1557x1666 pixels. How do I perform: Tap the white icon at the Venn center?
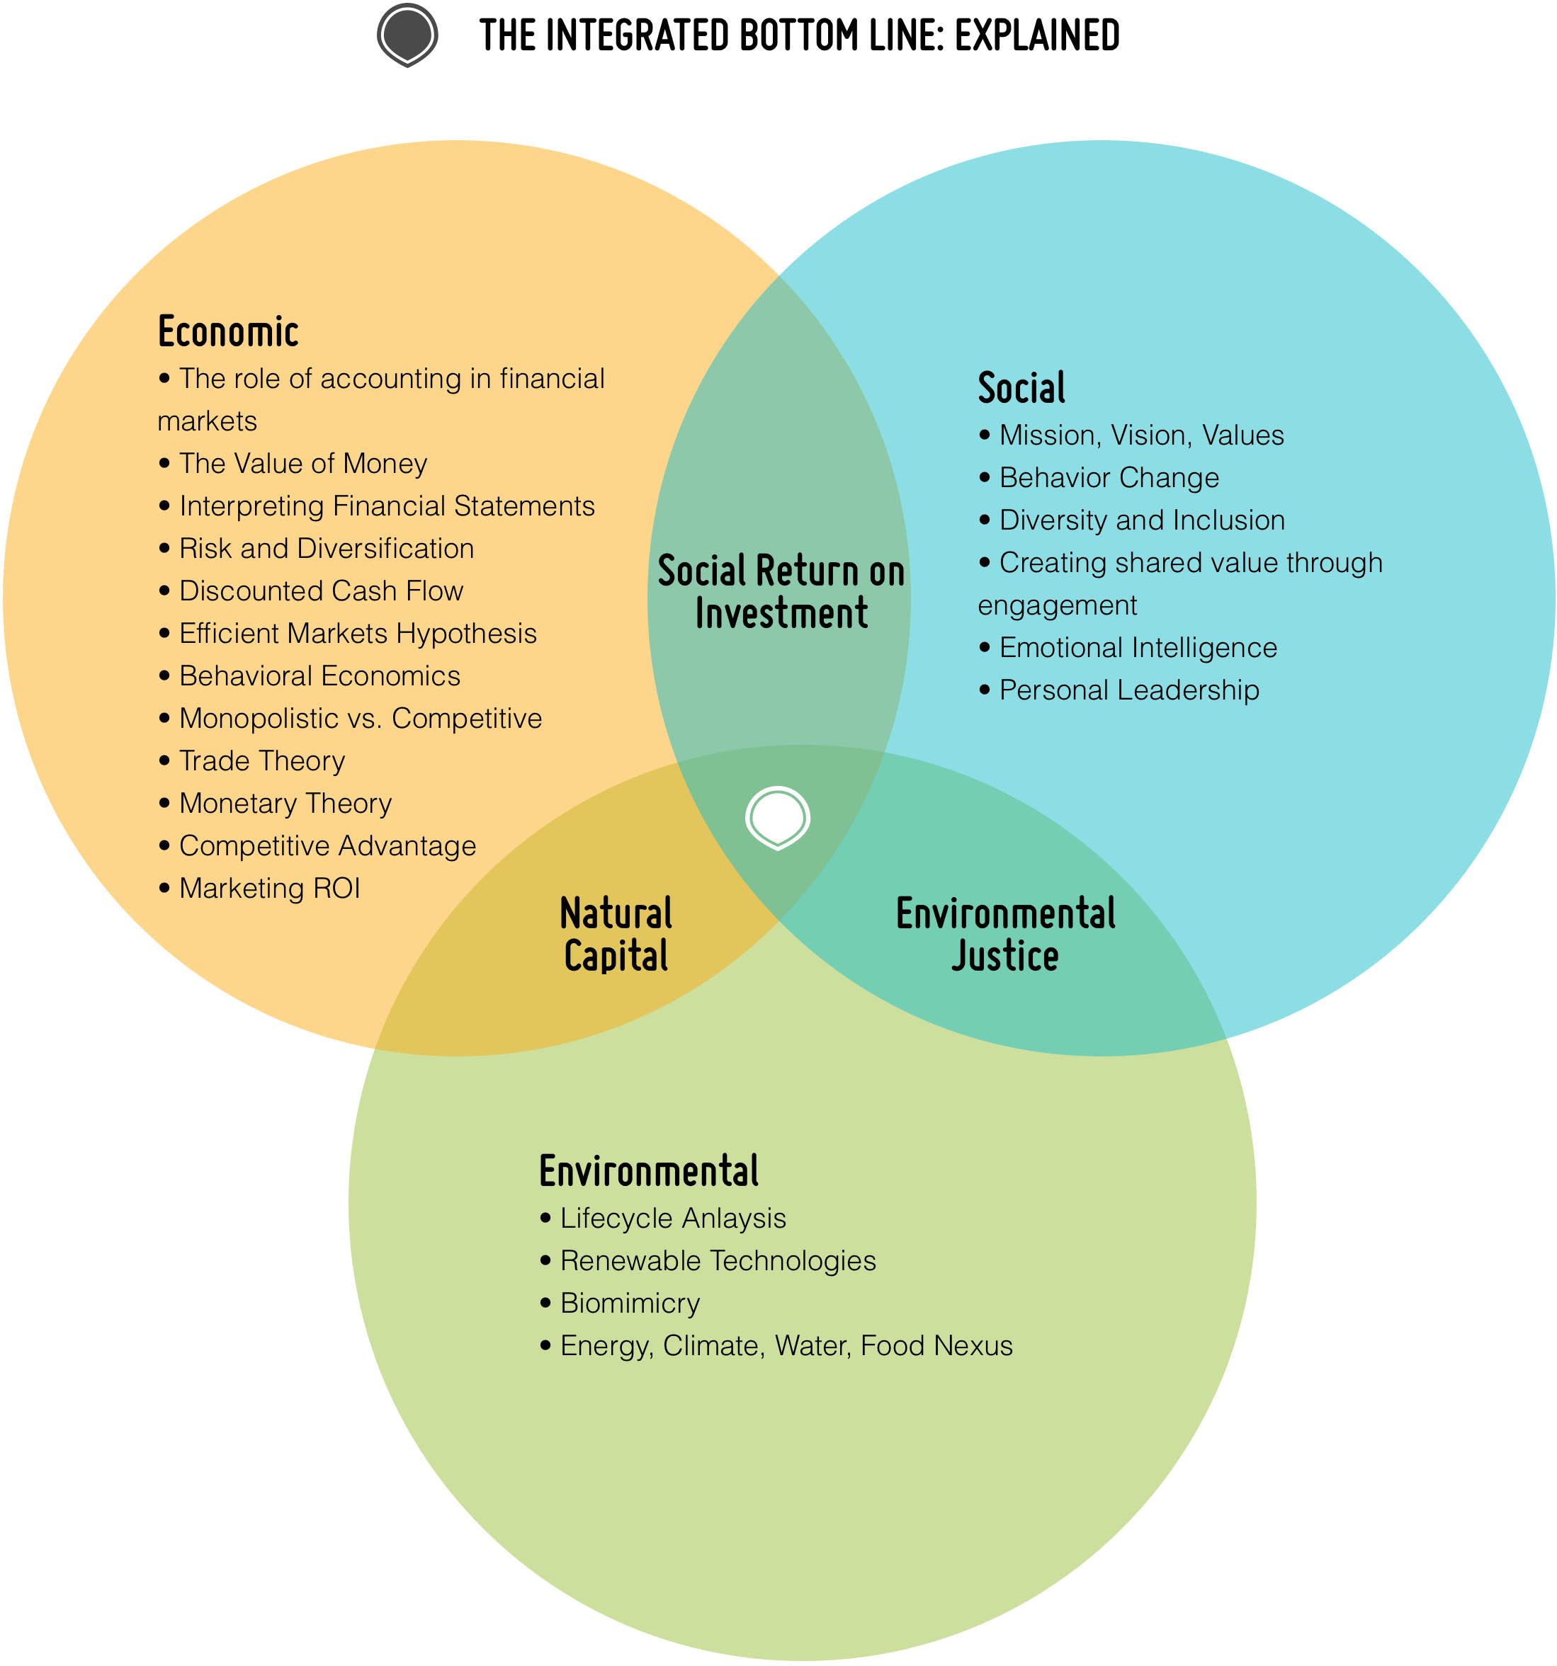click(x=777, y=817)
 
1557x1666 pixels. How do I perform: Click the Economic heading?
click(x=228, y=332)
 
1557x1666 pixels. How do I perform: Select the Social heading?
click(x=1021, y=388)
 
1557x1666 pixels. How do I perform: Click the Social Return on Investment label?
click(x=781, y=592)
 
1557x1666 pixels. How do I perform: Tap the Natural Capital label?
click(x=616, y=935)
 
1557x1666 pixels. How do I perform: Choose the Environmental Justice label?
click(x=1005, y=935)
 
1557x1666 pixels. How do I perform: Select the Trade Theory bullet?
click(x=261, y=761)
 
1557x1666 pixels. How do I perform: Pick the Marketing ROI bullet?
click(x=269, y=889)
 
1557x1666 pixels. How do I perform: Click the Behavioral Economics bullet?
click(x=319, y=676)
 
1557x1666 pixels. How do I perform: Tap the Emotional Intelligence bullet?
click(x=1138, y=648)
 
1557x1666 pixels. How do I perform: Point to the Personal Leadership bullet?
click(x=1128, y=690)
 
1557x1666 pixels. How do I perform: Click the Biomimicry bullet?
click(x=630, y=1303)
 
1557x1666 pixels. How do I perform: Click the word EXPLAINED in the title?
click(x=1036, y=36)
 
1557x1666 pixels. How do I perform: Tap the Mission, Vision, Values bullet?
click(x=1141, y=435)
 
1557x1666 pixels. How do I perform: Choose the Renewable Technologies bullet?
click(x=718, y=1260)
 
